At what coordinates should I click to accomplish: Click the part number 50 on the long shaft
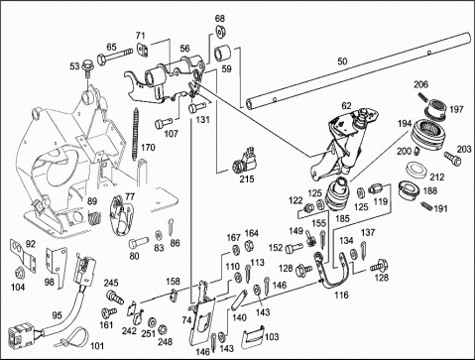[x=342, y=61]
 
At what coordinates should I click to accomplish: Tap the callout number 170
[x=148, y=148]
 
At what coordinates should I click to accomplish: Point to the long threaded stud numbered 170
[x=135, y=134]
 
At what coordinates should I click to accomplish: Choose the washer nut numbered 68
[x=220, y=31]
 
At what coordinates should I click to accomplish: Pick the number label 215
[x=247, y=179]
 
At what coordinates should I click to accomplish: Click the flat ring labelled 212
[x=416, y=168]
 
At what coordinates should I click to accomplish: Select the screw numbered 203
[x=452, y=159]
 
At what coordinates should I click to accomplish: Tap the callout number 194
[x=405, y=124]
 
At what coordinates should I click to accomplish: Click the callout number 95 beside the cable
[x=57, y=315]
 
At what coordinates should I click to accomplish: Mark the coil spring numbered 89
[x=94, y=218]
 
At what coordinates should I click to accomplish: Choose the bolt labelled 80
[x=138, y=243]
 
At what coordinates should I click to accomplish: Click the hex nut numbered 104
[x=17, y=273]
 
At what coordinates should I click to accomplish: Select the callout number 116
[x=341, y=295]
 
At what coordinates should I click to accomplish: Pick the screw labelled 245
[x=114, y=297]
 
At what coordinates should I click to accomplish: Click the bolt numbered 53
[x=88, y=67]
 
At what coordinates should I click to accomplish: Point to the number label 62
[x=346, y=106]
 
